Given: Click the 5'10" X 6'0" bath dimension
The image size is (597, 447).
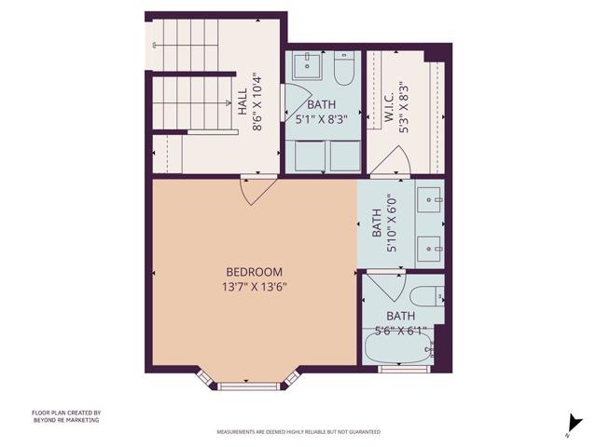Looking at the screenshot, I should tap(393, 223).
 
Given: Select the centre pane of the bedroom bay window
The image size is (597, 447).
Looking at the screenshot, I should tap(247, 381).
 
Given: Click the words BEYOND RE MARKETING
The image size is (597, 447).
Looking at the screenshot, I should tap(65, 420).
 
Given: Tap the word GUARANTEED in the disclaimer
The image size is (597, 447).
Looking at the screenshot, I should tap(367, 432).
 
